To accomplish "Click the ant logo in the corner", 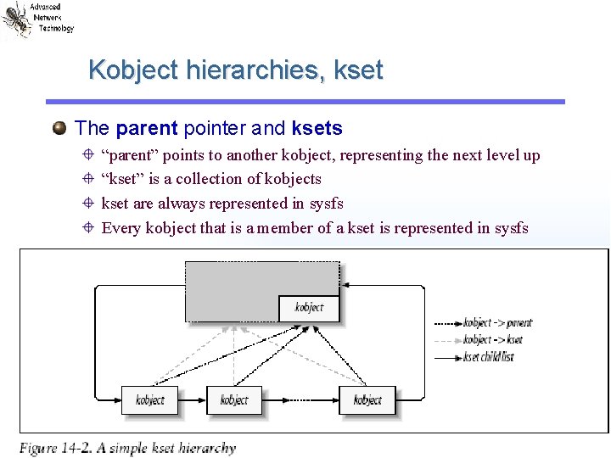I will [x=16, y=20].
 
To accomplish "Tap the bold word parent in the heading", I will [x=146, y=129].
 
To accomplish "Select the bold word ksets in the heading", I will [x=317, y=129].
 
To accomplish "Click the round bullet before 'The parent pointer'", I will [x=59, y=129].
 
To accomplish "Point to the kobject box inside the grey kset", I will [x=309, y=308].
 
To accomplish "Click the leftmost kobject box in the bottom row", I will [x=149, y=400].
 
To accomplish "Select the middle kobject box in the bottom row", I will [x=234, y=400].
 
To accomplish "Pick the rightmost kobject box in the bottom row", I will [x=367, y=400].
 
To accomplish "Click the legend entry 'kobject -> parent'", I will [x=497, y=323].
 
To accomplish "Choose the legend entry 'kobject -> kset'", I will [x=492, y=340].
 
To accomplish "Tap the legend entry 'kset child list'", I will [x=489, y=357].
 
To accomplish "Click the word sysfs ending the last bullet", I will [x=512, y=228].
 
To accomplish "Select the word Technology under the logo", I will [x=56, y=28].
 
